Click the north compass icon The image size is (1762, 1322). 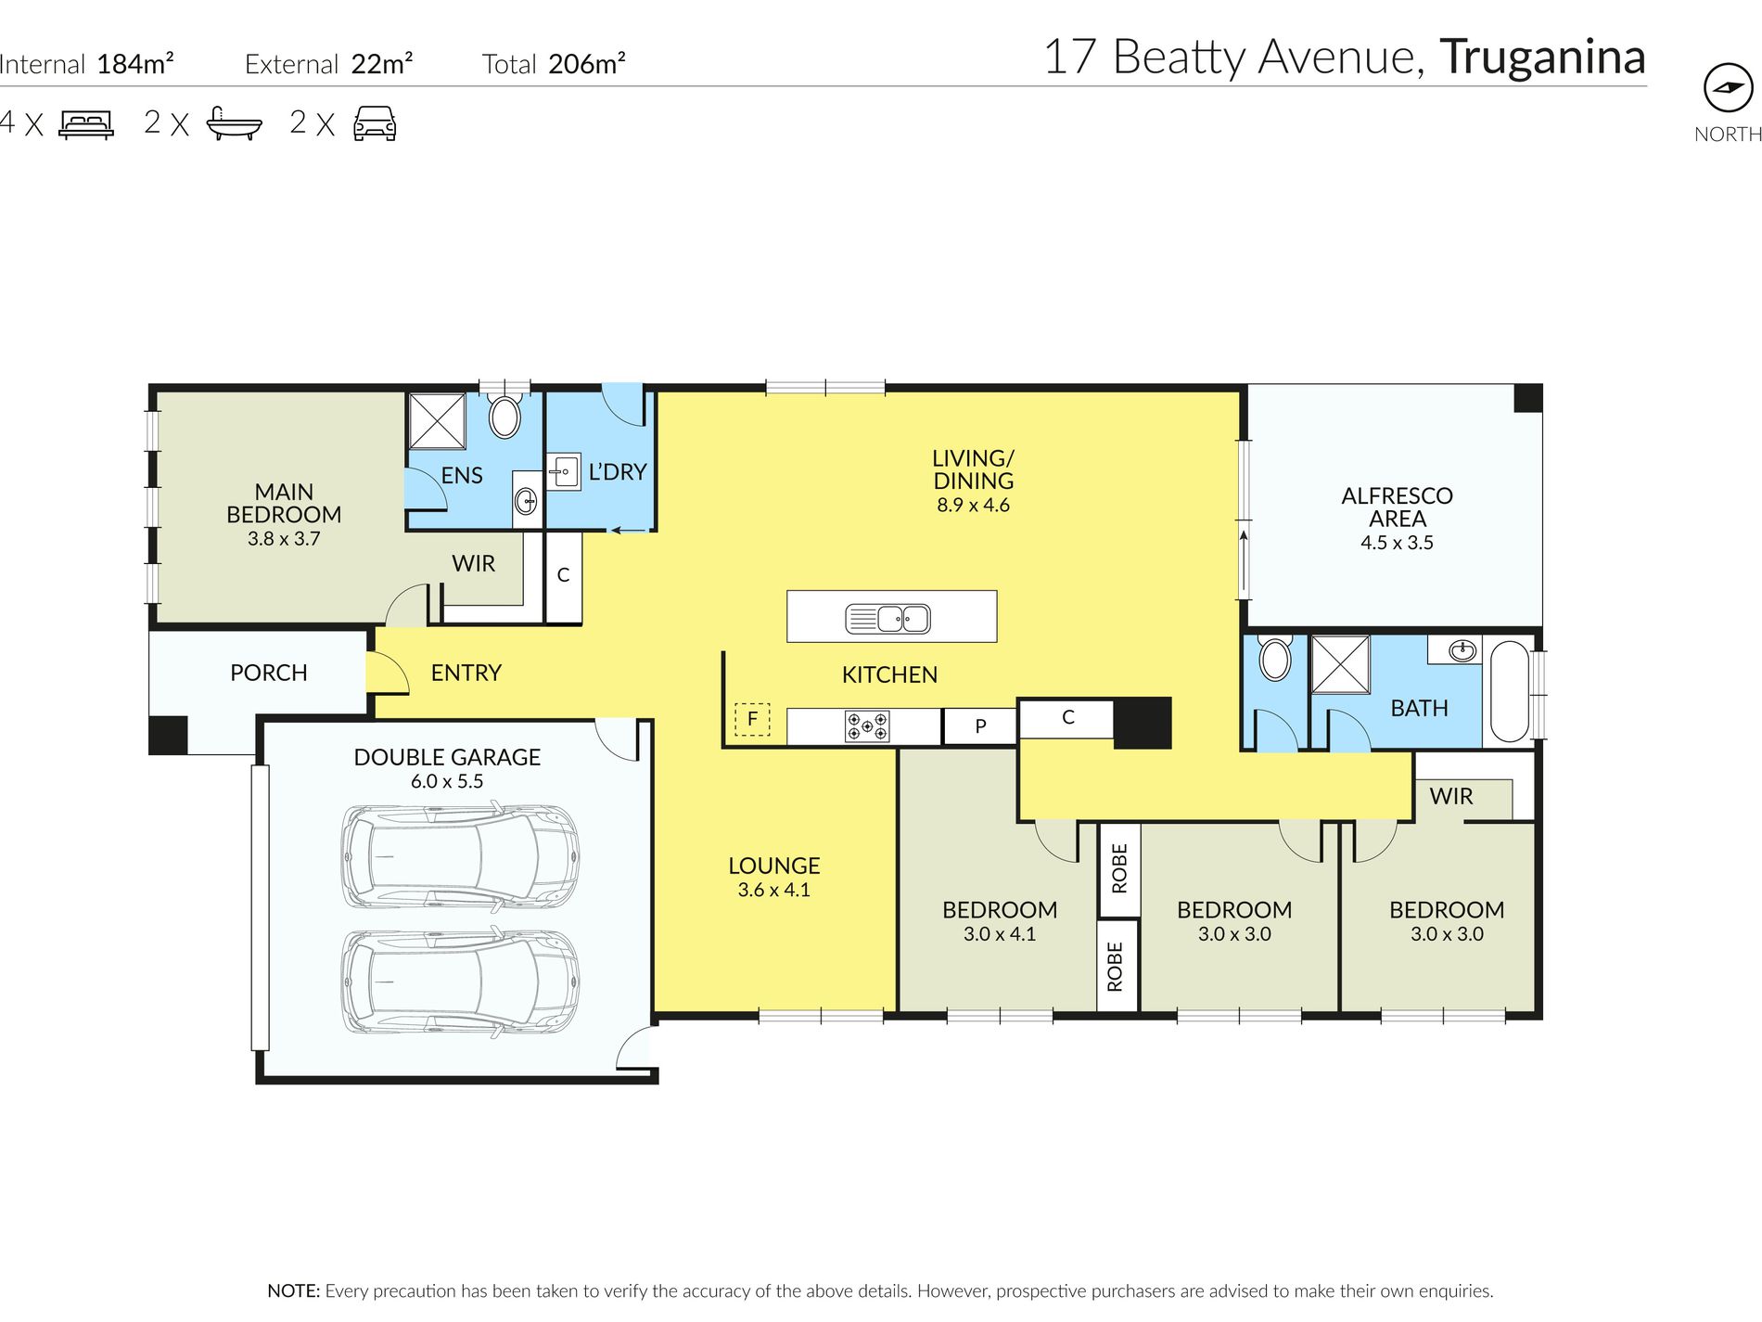(x=1728, y=88)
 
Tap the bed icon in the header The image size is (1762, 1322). (x=86, y=123)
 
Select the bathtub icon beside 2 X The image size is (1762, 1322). (x=234, y=123)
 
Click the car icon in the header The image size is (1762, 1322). (x=375, y=123)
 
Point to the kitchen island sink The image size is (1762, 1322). (x=887, y=618)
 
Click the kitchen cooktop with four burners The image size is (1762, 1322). (x=867, y=726)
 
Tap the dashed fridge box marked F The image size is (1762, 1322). (x=752, y=719)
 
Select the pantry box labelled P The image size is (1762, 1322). (x=980, y=726)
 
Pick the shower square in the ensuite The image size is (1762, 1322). (x=438, y=422)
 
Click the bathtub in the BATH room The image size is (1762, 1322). (x=1510, y=691)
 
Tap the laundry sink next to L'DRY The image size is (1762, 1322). (x=563, y=472)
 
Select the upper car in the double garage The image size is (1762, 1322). (x=461, y=854)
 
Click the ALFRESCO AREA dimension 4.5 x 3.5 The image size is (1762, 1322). (x=1397, y=543)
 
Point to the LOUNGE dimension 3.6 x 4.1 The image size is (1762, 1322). (x=773, y=890)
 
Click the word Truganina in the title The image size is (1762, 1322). (x=1542, y=57)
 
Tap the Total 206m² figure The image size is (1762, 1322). (x=554, y=64)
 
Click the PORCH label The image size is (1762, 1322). (x=269, y=673)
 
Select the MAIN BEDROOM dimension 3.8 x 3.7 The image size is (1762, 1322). (x=284, y=539)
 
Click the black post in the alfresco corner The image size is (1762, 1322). (x=1527, y=398)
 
